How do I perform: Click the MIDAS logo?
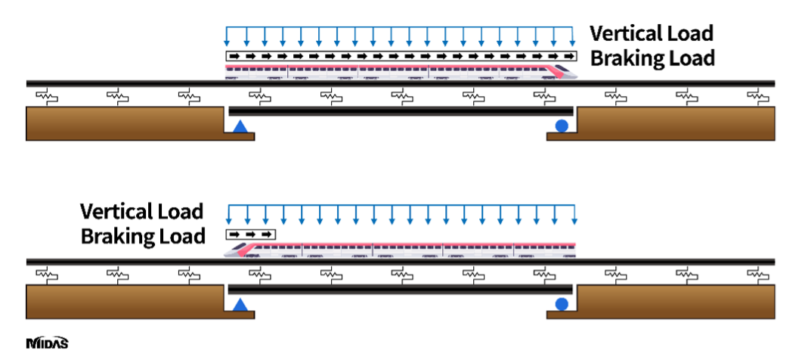[47, 343]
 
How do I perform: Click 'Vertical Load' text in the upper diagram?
[651, 33]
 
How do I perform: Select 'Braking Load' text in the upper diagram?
[652, 58]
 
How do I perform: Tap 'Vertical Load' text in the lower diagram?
[141, 210]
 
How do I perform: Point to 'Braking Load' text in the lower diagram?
[143, 236]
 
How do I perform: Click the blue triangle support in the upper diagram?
[240, 127]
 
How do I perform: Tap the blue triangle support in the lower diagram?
[240, 305]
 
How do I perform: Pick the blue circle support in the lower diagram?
[562, 305]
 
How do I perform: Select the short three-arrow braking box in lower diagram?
[251, 234]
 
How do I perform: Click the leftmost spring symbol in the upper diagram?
[47, 96]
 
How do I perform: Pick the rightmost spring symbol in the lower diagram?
[757, 274]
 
